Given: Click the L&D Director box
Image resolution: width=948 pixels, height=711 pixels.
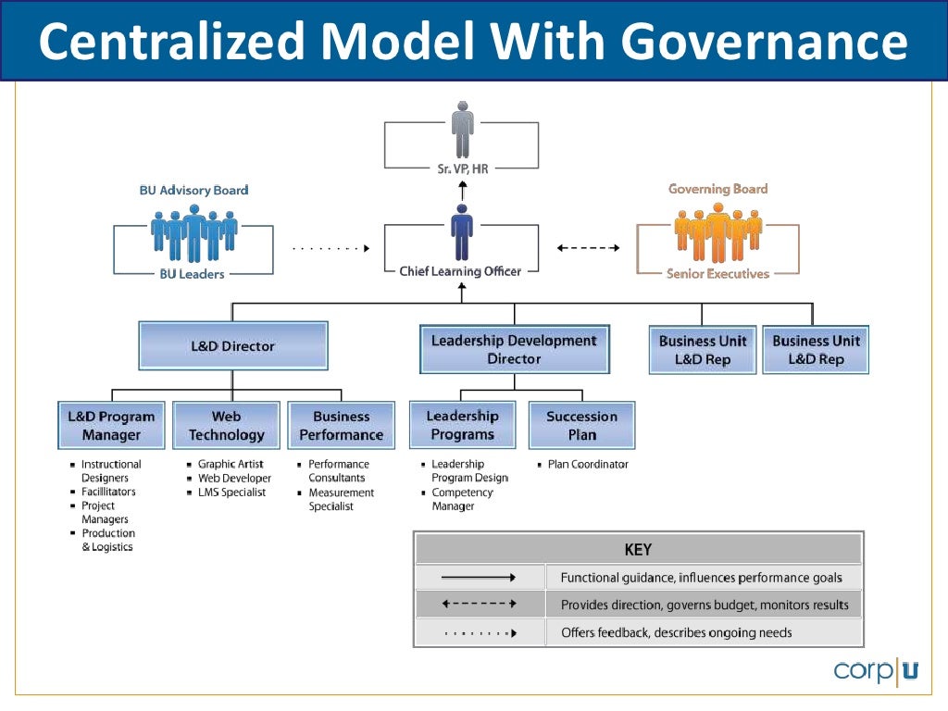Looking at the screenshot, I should tap(233, 346).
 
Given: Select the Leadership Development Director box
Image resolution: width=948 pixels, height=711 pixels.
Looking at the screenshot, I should tap(515, 349).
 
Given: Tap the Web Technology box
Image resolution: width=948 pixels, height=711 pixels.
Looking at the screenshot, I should tap(226, 426).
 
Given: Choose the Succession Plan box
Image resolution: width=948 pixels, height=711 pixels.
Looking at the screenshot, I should tap(581, 426).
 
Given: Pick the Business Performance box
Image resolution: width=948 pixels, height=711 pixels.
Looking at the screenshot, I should tap(341, 426).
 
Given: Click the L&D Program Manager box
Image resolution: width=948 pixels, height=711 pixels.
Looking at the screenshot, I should tap(111, 426).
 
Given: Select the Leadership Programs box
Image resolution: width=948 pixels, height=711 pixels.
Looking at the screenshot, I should tap(462, 425).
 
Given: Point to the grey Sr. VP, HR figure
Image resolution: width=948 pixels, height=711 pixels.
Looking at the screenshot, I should tap(462, 129).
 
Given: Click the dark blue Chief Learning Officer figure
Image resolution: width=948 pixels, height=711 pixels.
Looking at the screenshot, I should tap(461, 233).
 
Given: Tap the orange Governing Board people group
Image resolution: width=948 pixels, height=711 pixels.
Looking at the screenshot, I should tap(718, 231).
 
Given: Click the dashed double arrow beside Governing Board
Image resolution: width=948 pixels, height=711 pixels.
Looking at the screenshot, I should tap(589, 248).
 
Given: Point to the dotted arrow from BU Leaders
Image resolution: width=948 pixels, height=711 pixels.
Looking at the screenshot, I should tap(331, 248).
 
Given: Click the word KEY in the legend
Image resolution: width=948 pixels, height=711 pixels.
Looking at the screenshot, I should tap(638, 550).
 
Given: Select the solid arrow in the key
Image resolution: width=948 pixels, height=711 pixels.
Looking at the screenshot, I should tap(479, 578).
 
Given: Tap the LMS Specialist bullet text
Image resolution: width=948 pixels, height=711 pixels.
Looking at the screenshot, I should tap(231, 493).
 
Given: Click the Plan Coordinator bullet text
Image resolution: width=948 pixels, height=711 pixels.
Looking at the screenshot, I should tap(588, 465).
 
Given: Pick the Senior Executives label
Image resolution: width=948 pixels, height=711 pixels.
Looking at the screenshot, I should tap(718, 274).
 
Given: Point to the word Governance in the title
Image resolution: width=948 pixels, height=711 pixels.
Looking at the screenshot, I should tap(764, 42).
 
